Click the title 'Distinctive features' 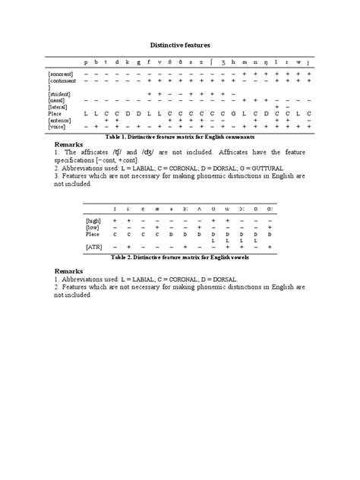(x=179, y=46)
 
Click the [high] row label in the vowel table (x=94, y=220)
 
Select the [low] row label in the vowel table (x=93, y=227)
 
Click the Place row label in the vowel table (x=93, y=234)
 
